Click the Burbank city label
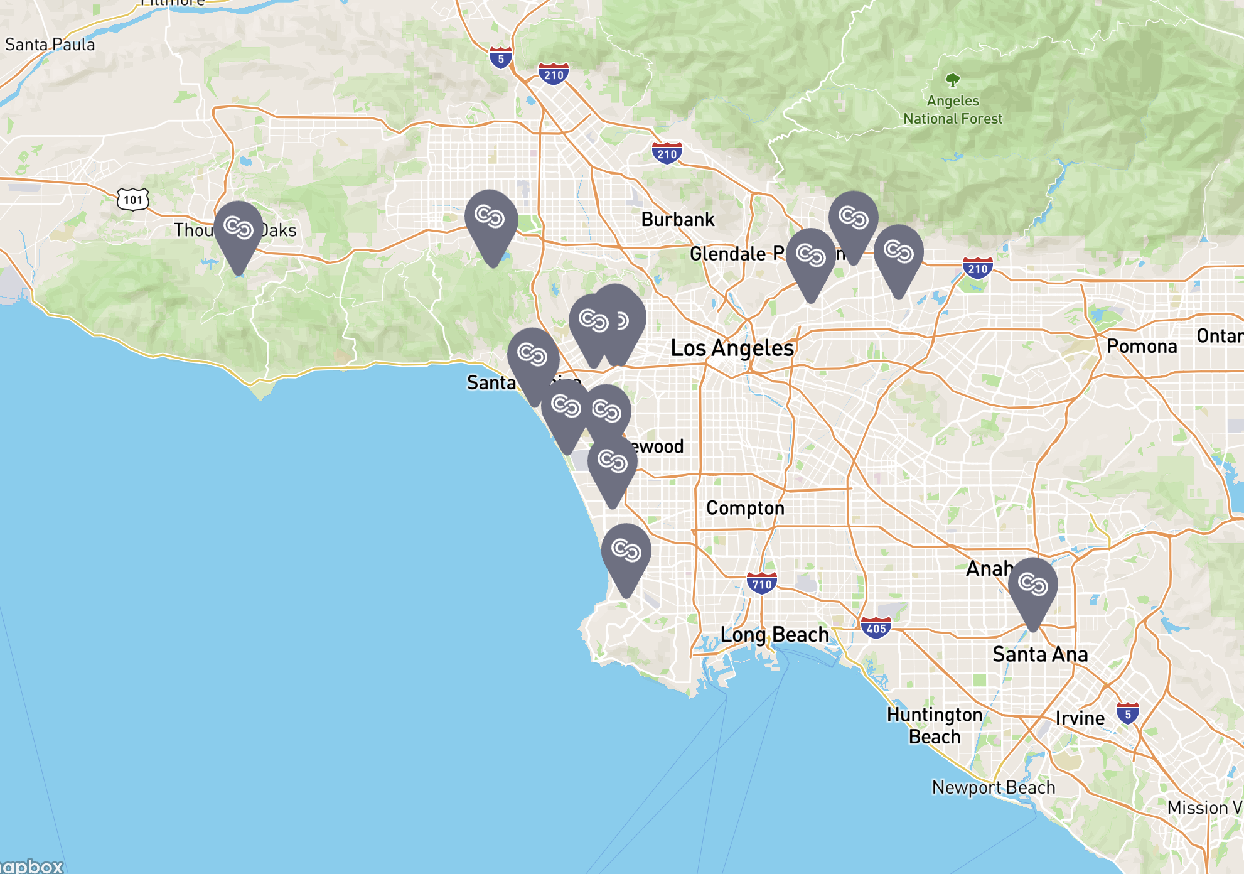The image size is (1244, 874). coord(677,219)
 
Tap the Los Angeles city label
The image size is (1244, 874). coord(732,348)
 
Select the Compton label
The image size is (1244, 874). coord(745,507)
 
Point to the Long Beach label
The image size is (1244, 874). coord(775,634)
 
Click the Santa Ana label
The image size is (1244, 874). coord(1039,654)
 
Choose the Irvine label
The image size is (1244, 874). coord(1080,718)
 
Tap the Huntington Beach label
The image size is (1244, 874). coord(935,725)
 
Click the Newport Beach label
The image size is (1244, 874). coord(993,787)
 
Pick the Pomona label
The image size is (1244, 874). coord(1141,346)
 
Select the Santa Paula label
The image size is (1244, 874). coord(50,45)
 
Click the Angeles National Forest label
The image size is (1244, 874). coord(953,109)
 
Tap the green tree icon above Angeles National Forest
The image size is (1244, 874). coord(953,80)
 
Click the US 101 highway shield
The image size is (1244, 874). coord(133,200)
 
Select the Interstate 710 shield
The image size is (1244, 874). coord(762,584)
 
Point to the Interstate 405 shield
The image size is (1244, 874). coord(876,628)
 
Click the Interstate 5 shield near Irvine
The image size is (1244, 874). coord(1128,714)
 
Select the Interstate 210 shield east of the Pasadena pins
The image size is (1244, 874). coord(977,269)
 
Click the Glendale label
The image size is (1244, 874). coord(727,254)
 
